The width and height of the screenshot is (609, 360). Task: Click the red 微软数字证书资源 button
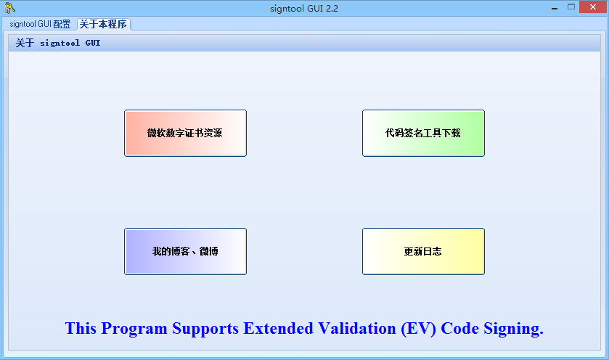click(x=185, y=133)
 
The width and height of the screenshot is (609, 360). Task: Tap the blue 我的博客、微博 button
click(x=185, y=251)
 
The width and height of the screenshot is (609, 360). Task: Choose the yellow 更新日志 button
click(x=423, y=251)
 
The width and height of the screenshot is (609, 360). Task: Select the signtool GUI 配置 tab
click(x=41, y=24)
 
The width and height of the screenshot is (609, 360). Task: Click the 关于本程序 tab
click(x=103, y=24)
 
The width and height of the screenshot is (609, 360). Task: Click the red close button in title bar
click(x=592, y=7)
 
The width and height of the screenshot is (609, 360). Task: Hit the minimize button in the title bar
click(x=553, y=7)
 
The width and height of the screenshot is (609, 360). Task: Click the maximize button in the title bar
click(x=571, y=7)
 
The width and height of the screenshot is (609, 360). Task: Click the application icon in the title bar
click(x=9, y=8)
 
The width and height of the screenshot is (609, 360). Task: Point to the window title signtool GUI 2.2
click(x=303, y=8)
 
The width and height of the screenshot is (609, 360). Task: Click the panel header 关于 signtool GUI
click(x=58, y=43)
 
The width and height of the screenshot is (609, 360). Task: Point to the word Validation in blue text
click(x=356, y=329)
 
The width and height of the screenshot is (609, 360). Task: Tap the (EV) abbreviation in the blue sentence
click(x=418, y=329)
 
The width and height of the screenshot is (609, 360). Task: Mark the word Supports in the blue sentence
click(x=205, y=329)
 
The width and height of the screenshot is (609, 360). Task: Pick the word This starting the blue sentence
click(x=81, y=329)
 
